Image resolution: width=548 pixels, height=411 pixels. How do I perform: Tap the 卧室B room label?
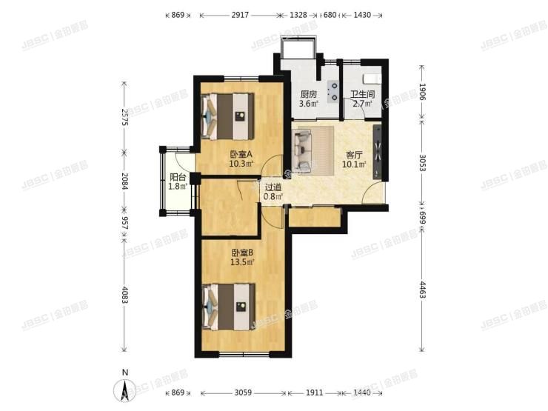click(x=241, y=252)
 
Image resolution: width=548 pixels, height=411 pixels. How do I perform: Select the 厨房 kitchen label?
click(x=309, y=94)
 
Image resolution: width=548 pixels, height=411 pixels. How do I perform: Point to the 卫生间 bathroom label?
click(x=363, y=94)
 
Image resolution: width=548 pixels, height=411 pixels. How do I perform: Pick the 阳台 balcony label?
click(x=177, y=177)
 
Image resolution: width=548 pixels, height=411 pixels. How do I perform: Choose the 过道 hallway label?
click(x=274, y=187)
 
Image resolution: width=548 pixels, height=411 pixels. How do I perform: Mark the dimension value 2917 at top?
click(x=240, y=15)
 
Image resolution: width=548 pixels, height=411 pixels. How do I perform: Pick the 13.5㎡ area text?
click(x=242, y=261)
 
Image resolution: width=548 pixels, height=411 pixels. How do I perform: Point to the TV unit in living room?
click(x=379, y=152)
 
